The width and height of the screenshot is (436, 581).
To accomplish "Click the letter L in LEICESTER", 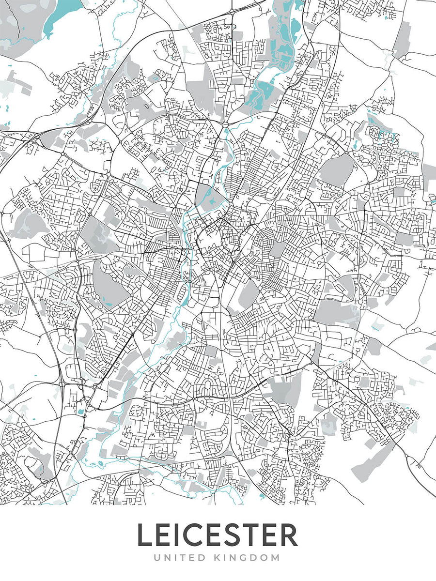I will pyautogui.click(x=145, y=535).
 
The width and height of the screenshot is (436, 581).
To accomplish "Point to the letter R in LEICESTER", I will pyautogui.click(x=289, y=535).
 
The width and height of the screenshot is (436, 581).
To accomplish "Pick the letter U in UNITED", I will pyautogui.click(x=157, y=558).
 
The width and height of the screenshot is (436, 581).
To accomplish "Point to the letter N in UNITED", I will pyautogui.click(x=167, y=558).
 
